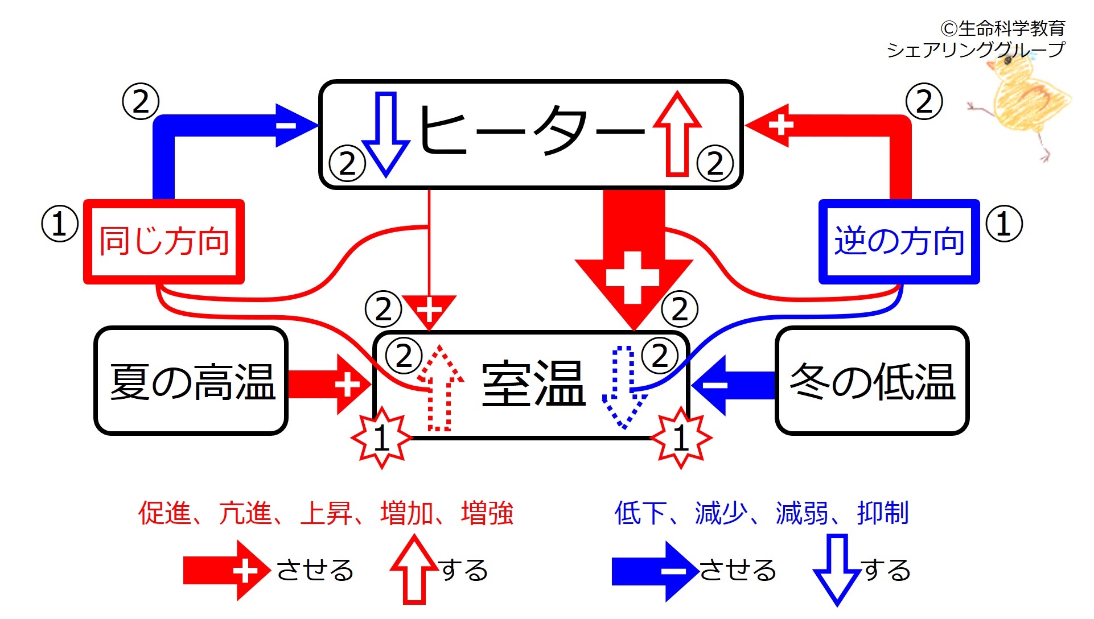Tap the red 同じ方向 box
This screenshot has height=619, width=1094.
[164, 241]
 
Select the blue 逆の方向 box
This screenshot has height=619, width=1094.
[899, 241]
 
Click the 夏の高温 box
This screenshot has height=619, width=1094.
[191, 381]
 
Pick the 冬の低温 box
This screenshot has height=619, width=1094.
[872, 381]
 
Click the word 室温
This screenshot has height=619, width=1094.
[533, 385]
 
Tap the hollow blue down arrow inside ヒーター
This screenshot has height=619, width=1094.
[385, 134]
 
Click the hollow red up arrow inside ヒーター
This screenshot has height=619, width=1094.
[677, 133]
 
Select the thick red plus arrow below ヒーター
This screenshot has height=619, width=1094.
[634, 259]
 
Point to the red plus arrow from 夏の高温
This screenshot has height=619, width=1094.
[330, 385]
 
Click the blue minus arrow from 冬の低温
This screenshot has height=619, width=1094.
[733, 385]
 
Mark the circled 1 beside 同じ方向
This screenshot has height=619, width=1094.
[60, 224]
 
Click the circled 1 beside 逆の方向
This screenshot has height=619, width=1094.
[1004, 224]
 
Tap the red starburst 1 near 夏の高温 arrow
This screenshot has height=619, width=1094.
[381, 438]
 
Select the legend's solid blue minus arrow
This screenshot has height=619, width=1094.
[655, 571]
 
